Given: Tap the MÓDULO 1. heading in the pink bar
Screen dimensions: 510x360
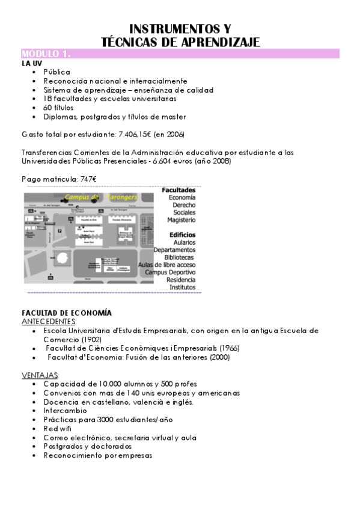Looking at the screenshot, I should (46, 54).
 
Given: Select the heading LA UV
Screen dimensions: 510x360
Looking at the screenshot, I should (31, 63).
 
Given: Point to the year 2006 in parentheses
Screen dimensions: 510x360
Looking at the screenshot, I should (175, 134).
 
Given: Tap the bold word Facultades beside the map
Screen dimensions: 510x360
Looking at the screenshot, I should (178, 190).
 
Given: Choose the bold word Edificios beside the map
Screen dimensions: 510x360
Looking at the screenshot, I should (182, 235).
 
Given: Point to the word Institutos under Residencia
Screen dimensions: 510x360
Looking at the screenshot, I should (182, 287).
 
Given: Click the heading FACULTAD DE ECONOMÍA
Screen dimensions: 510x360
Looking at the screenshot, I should (66, 313).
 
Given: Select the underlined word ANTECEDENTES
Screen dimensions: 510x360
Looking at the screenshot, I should (44, 322).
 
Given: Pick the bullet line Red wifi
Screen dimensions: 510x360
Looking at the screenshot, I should (57, 429).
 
